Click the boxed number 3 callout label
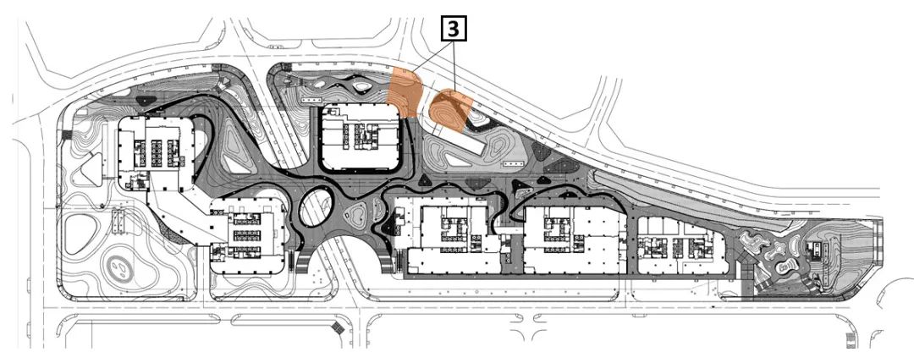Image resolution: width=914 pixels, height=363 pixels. (x=454, y=29)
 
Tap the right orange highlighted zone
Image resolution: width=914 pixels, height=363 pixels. (x=450, y=110)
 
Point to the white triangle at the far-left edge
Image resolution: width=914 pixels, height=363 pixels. (x=91, y=169)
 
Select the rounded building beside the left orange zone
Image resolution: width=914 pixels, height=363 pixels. (x=361, y=138)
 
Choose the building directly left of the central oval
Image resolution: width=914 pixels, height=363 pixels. (x=248, y=236)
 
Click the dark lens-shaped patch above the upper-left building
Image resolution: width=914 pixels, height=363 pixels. (x=146, y=101)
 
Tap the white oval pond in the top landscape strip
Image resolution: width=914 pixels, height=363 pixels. (x=362, y=87)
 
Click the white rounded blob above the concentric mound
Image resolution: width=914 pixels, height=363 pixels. (x=80, y=233)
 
